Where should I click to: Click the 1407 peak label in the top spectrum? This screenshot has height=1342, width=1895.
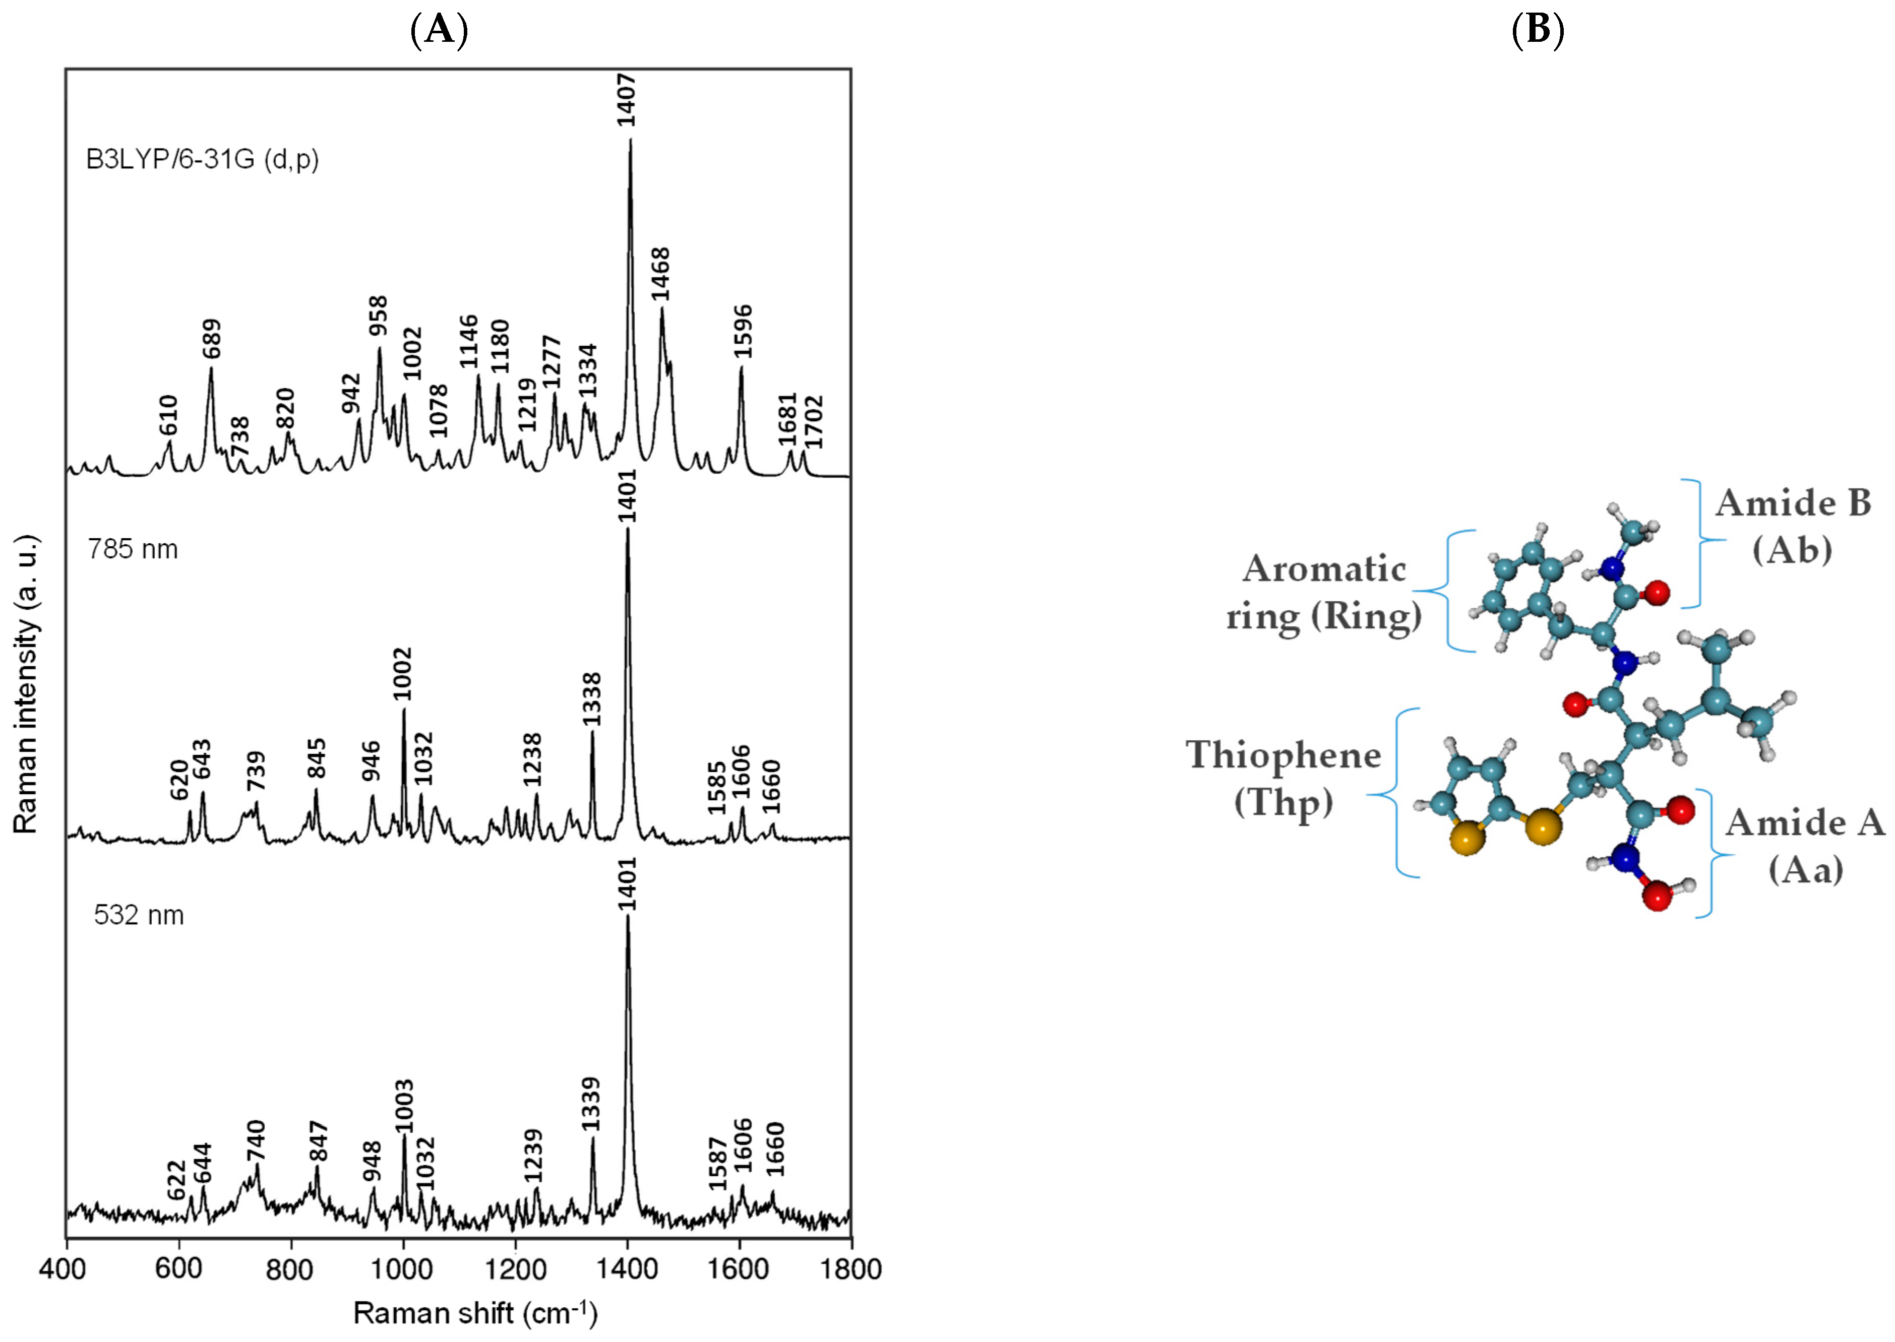(627, 99)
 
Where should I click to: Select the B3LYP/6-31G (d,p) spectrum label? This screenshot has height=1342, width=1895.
(203, 159)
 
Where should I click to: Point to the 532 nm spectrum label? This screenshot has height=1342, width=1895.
(138, 915)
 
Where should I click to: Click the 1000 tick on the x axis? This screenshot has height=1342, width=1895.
(402, 1268)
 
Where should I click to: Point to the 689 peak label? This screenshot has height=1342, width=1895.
(212, 338)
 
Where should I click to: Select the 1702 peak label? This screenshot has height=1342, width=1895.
(814, 421)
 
